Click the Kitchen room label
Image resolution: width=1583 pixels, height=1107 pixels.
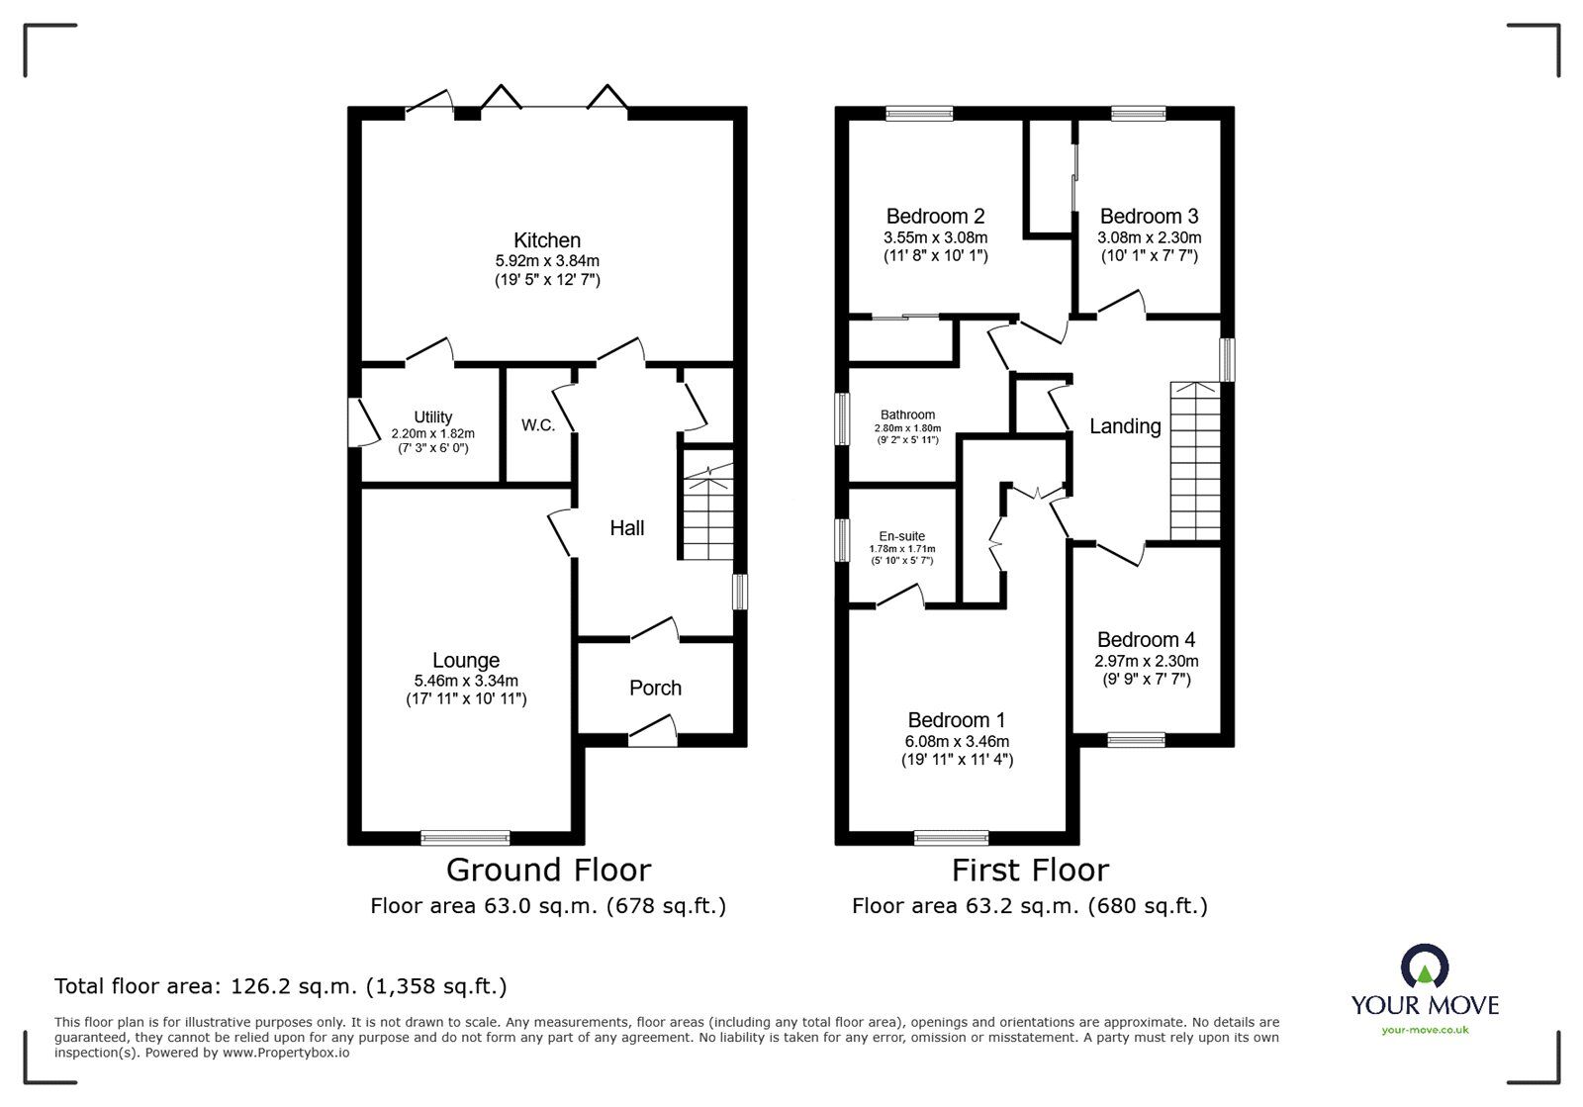546,240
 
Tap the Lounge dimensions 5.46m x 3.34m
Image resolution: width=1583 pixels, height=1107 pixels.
466,681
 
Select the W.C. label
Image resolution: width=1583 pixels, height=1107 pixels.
538,425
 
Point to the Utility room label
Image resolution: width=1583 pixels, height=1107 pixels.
433,417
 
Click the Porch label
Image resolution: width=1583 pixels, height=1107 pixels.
655,688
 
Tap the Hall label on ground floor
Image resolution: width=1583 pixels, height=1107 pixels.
626,528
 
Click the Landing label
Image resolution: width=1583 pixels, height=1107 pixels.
1125,426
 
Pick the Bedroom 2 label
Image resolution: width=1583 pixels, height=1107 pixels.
935,216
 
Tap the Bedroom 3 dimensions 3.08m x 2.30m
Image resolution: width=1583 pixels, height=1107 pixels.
1149,237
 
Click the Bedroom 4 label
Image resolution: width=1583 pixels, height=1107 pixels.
1146,640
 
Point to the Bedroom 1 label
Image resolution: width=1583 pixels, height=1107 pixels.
956,720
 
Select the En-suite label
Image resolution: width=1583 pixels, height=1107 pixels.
901,536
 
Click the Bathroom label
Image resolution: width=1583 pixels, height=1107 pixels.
907,415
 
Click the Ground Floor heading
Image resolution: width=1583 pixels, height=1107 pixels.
548,870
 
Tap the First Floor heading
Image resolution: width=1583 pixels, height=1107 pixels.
1029,870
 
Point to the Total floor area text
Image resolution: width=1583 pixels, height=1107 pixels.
280,986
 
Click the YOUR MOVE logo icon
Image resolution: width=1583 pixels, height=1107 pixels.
1425,968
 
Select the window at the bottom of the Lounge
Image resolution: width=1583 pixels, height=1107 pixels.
465,837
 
